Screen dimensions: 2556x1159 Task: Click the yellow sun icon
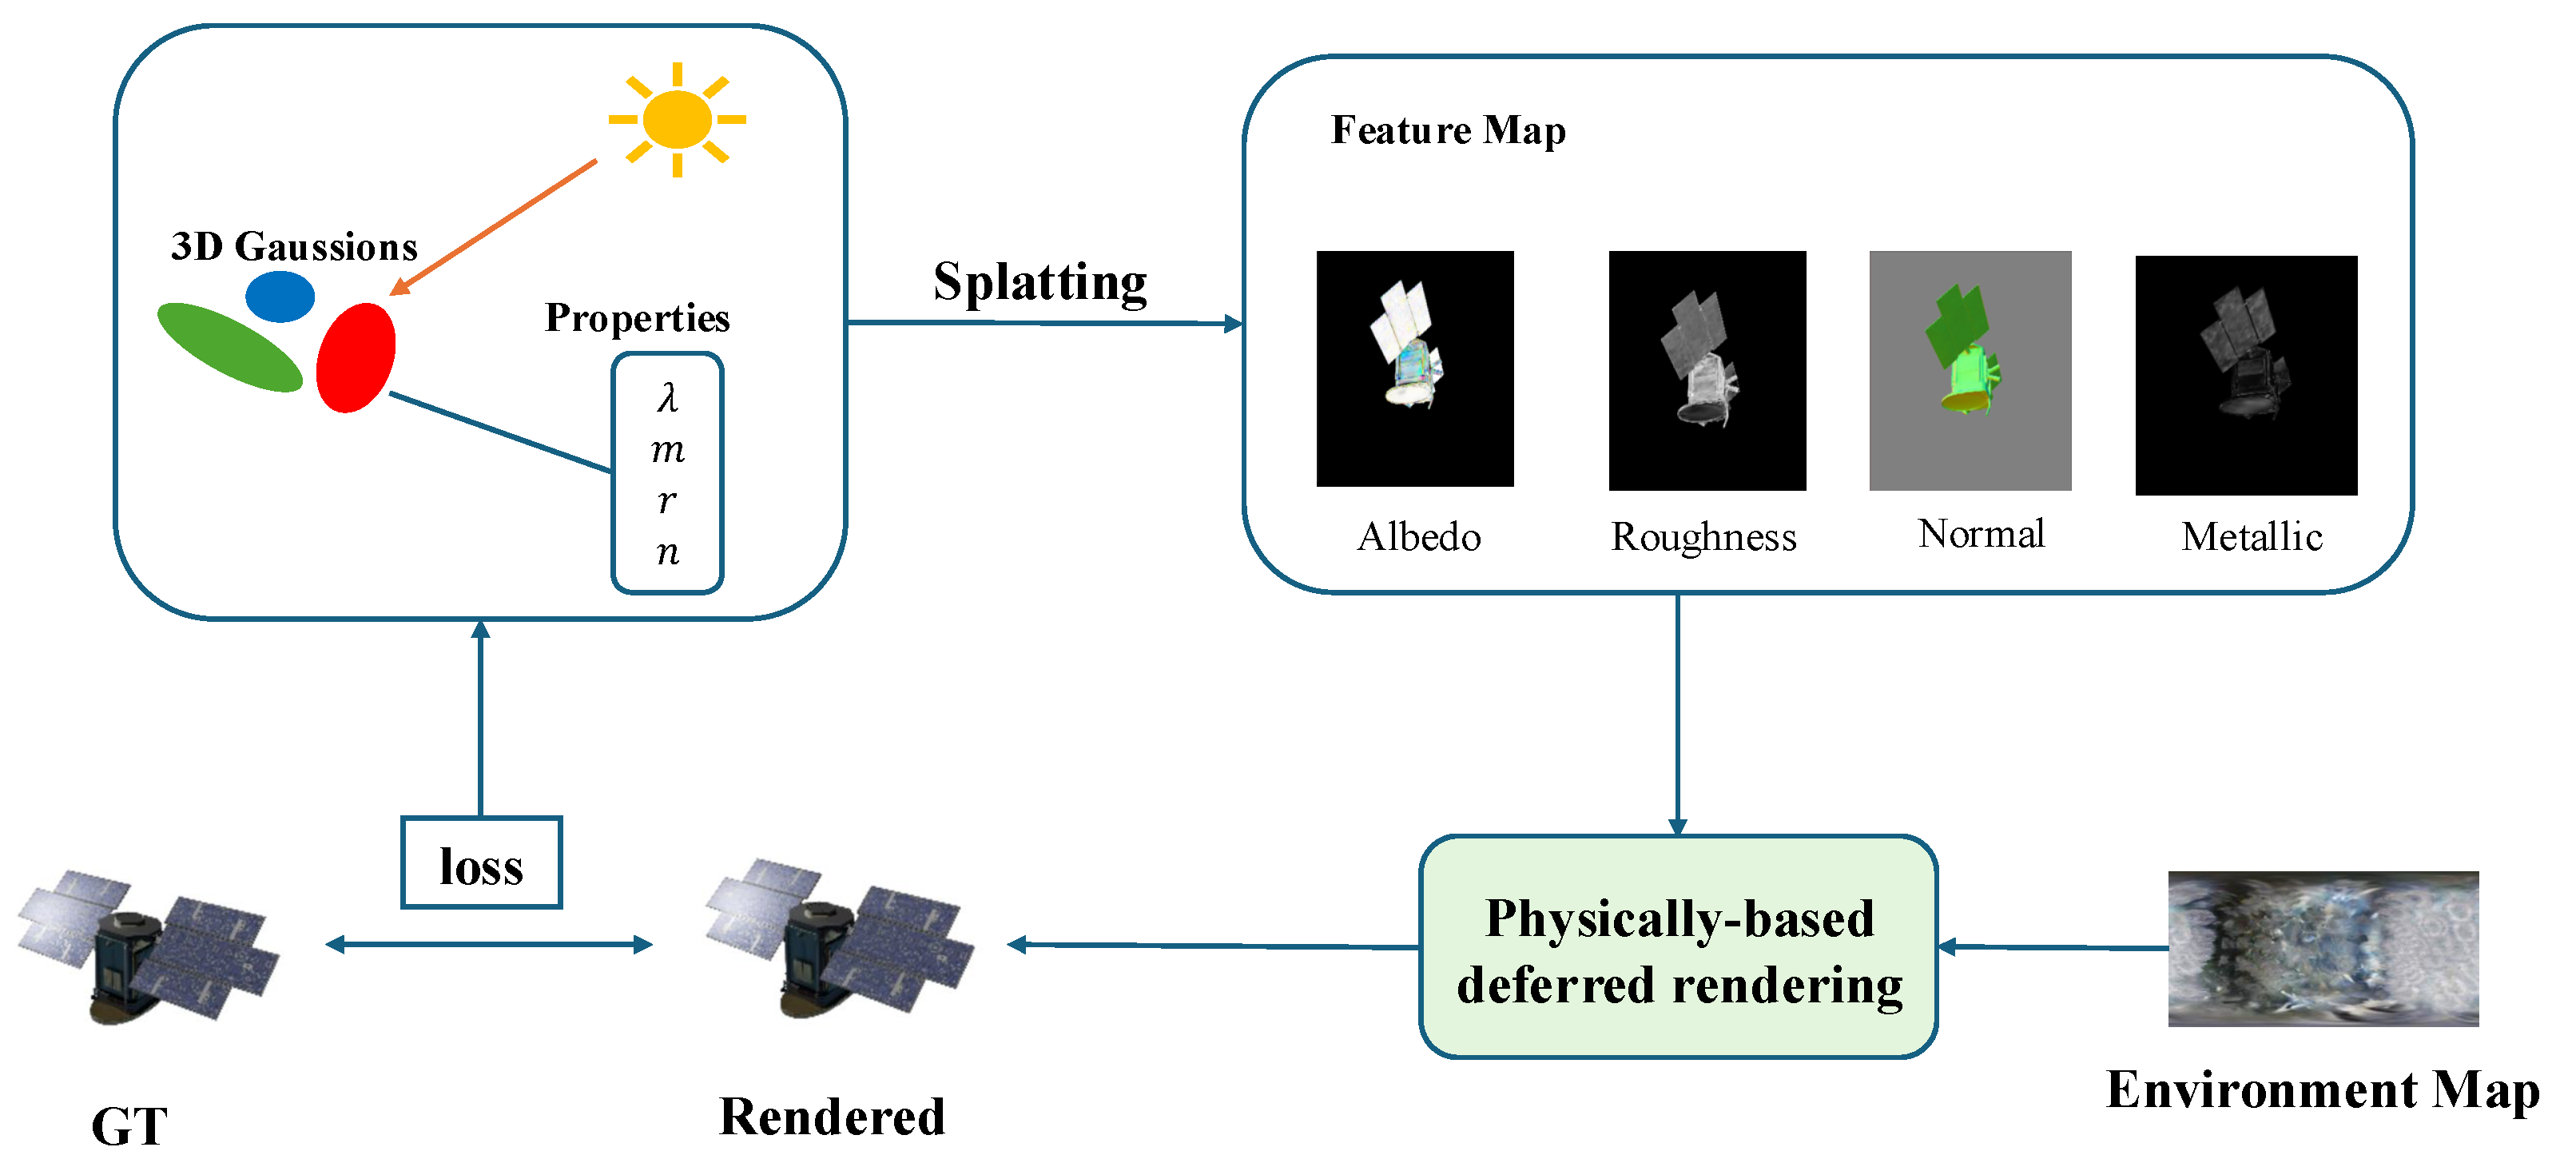[x=677, y=120]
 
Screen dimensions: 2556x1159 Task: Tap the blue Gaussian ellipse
[x=280, y=296]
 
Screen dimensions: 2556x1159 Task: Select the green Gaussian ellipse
[x=229, y=348]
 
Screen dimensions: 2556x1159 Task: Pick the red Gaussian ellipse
[x=356, y=357]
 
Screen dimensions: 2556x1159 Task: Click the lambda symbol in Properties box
[x=668, y=398]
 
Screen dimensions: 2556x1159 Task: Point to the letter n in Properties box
[x=668, y=552]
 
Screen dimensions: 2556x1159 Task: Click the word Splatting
[x=1039, y=284]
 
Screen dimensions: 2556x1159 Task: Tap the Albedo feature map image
[x=1415, y=368]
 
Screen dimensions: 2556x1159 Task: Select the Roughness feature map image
[x=1707, y=370]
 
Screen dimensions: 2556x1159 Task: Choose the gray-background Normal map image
[x=1970, y=370]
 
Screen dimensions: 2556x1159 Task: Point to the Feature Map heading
[x=1449, y=131]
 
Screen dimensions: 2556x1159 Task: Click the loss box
[x=481, y=862]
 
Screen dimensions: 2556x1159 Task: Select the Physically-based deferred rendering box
[x=1678, y=946]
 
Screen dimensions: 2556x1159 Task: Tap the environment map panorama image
[x=2323, y=949]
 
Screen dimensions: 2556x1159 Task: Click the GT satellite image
[x=149, y=948]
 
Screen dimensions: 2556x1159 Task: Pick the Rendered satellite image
[x=840, y=938]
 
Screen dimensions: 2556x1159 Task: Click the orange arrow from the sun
[x=493, y=227]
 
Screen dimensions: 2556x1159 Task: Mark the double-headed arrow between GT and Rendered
[x=489, y=945]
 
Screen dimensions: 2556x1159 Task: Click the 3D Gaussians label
[x=294, y=246]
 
